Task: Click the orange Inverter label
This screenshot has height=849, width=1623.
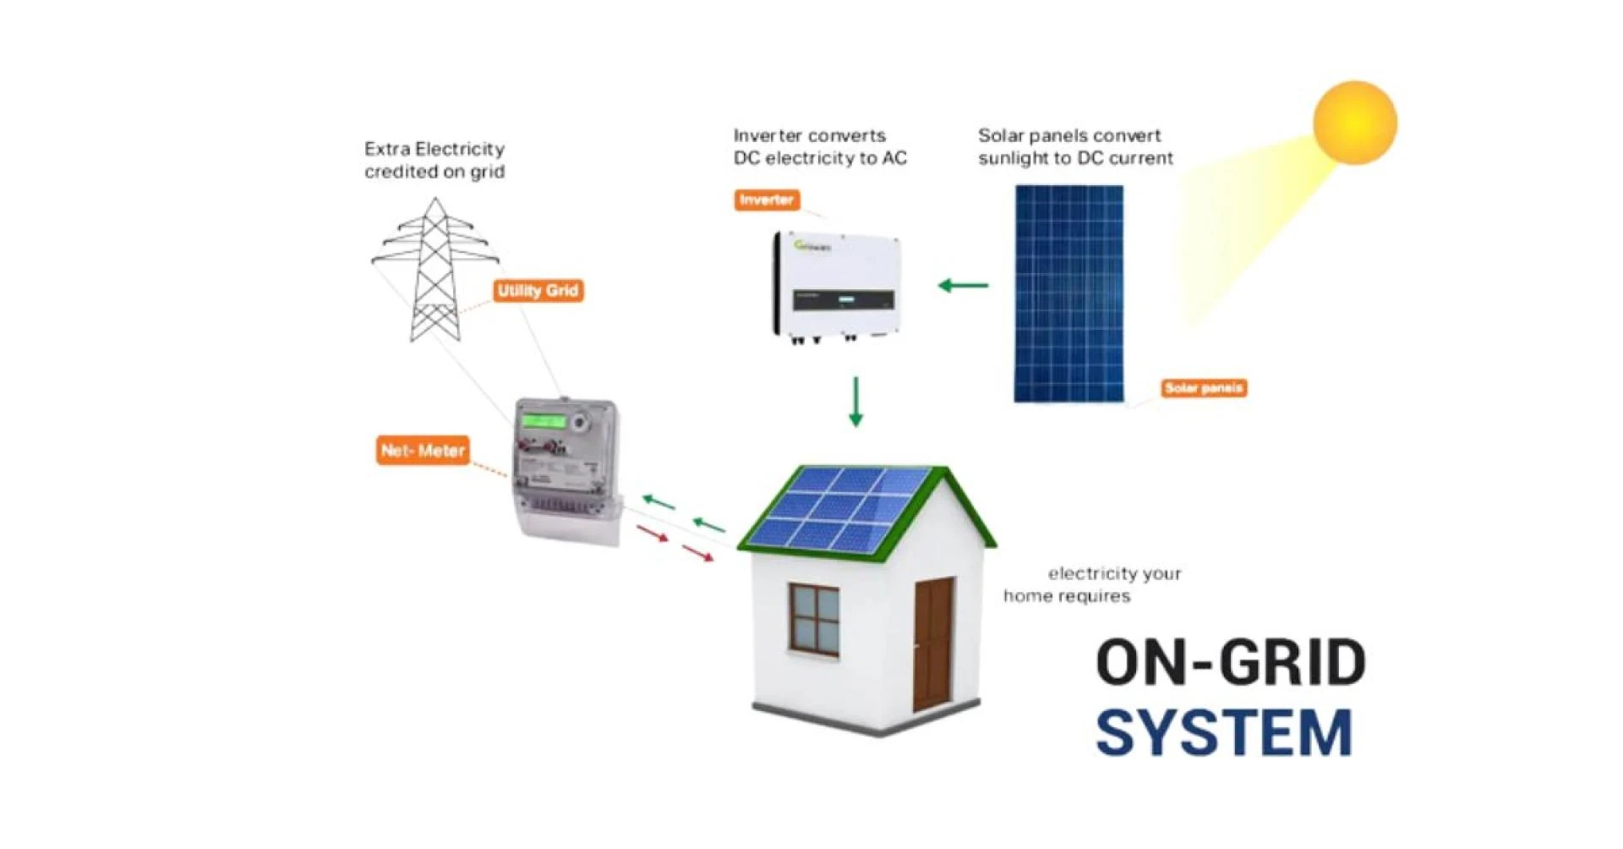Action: point(766,200)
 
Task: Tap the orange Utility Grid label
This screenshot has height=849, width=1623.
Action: point(538,291)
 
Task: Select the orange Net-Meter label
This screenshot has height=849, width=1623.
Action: point(423,451)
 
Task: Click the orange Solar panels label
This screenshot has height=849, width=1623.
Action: point(1203,388)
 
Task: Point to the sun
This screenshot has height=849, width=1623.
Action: point(1354,123)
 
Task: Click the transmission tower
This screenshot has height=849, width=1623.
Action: point(435,271)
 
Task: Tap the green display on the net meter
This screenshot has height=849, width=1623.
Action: point(543,420)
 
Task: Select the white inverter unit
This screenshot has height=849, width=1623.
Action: point(835,286)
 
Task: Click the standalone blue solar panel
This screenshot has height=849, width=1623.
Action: point(1068,293)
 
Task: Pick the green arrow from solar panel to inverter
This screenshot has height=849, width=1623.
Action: point(964,286)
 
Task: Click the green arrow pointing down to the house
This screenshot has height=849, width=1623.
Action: point(855,401)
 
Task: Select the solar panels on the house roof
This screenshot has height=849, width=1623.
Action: point(837,507)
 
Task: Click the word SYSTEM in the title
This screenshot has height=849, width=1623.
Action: point(1224,732)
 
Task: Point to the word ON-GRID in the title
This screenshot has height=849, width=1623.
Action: point(1231,662)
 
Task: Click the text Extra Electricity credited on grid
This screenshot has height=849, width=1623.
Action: point(434,161)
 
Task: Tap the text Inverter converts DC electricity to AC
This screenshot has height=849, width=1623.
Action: point(819,147)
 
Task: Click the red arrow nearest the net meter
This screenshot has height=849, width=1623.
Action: point(652,534)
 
